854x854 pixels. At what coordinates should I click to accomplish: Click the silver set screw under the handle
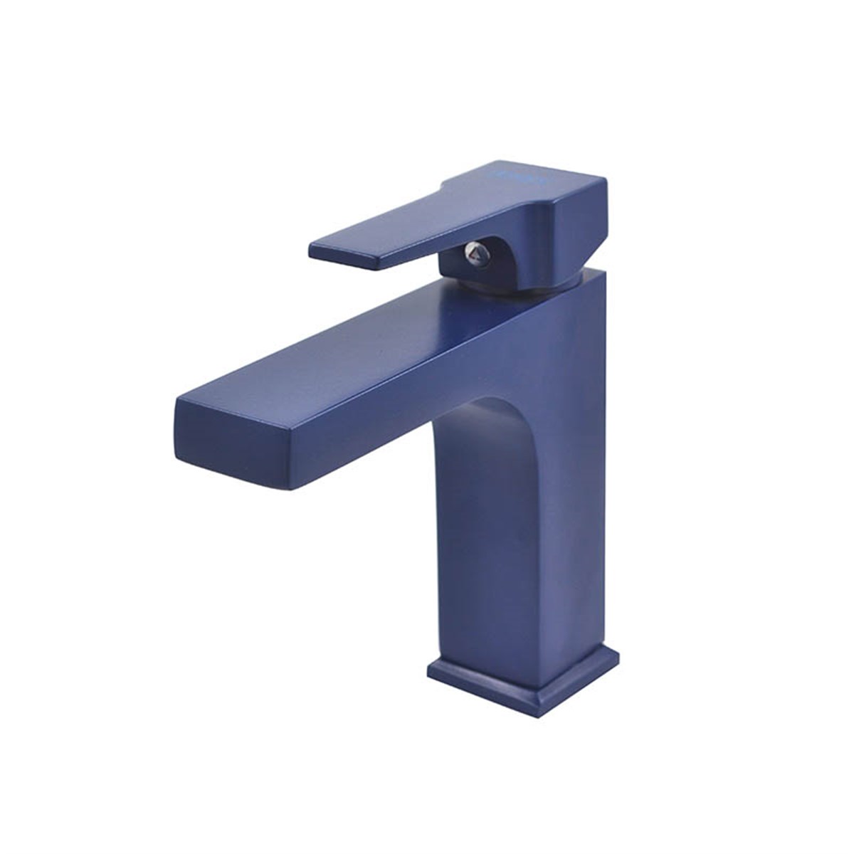point(475,251)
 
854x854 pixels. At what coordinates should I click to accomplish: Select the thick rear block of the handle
point(562,228)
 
